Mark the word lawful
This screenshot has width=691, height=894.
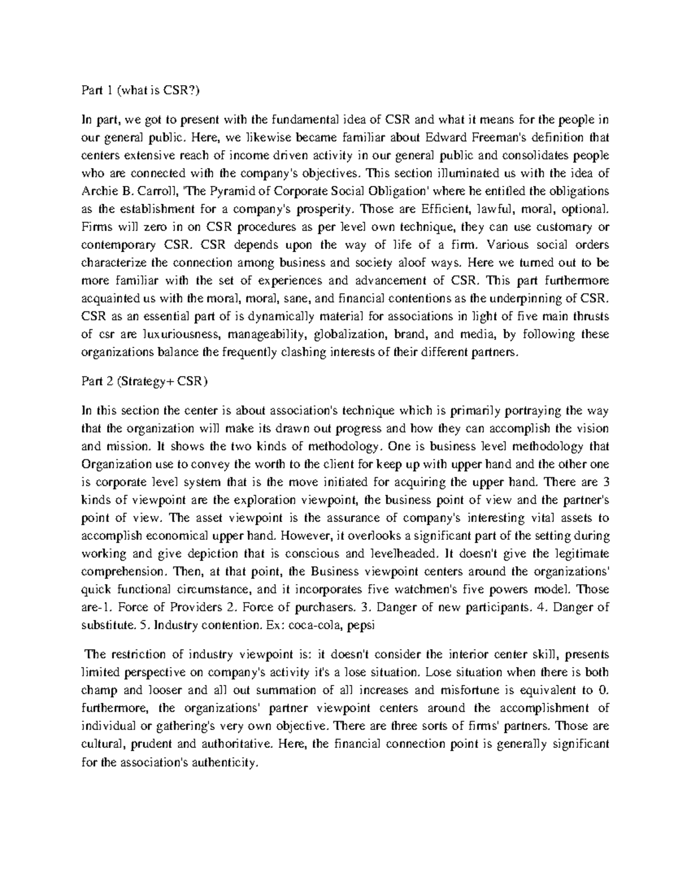coord(499,209)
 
